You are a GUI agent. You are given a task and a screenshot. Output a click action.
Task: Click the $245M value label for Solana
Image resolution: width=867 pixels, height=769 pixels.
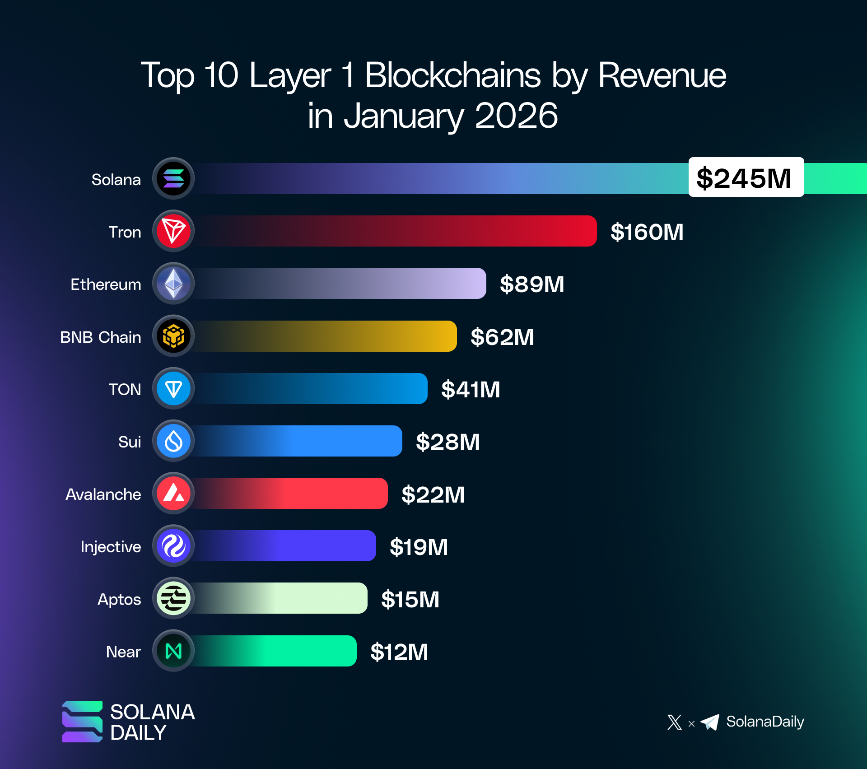click(746, 177)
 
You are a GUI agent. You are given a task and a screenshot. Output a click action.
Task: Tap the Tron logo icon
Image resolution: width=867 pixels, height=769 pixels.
click(173, 231)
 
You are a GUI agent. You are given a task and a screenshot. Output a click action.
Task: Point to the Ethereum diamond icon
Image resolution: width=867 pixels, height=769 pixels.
click(173, 284)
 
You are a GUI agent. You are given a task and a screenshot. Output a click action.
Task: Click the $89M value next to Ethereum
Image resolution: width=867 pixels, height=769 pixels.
click(532, 284)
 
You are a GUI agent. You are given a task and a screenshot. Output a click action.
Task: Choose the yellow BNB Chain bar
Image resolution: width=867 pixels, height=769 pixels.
click(325, 336)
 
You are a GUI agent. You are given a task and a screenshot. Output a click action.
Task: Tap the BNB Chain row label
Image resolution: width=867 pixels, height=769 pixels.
click(100, 337)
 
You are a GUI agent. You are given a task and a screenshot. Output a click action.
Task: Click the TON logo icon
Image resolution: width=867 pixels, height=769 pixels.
click(173, 389)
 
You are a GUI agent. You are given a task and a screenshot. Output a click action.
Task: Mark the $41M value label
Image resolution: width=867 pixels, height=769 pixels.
click(471, 390)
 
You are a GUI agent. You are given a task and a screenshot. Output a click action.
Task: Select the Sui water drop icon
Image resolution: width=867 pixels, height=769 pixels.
click(173, 441)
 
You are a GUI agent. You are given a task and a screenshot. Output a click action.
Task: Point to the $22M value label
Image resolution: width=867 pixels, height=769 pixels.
click(433, 494)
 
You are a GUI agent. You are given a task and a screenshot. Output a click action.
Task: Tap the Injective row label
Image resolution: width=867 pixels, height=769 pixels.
click(111, 547)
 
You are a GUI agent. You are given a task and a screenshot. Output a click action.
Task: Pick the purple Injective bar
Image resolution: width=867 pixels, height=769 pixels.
click(284, 546)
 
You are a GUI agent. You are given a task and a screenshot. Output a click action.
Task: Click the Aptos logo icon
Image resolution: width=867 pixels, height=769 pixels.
click(173, 598)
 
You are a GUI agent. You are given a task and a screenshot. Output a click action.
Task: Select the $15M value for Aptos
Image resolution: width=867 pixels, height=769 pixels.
click(410, 600)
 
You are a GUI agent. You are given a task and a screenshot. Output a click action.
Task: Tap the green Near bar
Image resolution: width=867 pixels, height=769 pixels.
click(275, 651)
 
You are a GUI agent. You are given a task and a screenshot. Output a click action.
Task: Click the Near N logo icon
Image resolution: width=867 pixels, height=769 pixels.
click(173, 651)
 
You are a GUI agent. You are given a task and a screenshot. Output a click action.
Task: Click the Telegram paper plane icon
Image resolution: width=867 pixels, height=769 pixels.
click(710, 722)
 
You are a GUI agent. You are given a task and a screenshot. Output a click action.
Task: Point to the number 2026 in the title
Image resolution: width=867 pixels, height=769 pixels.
click(516, 116)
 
